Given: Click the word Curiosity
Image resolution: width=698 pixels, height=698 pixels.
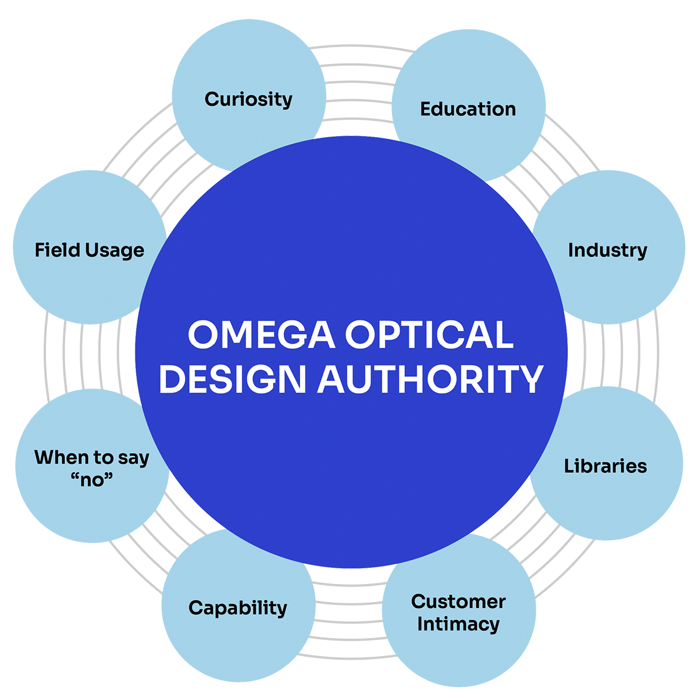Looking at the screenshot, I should (248, 99).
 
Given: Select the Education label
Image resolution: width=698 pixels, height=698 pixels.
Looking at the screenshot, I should (468, 109).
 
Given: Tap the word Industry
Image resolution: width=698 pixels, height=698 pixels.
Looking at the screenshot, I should (607, 250).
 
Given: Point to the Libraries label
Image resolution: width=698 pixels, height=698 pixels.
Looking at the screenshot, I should (606, 466).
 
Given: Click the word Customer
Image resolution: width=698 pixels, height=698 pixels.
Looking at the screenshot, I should (458, 601).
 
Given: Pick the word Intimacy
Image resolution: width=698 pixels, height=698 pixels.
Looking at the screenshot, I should (458, 624).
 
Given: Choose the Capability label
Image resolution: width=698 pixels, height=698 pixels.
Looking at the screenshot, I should (238, 608).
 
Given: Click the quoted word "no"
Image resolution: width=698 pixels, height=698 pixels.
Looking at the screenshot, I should (91, 480).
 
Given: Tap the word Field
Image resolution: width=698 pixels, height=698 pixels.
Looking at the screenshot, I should (57, 250).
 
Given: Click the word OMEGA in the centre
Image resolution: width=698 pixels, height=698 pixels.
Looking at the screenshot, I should (261, 335).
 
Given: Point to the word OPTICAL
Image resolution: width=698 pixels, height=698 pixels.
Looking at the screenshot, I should (429, 335).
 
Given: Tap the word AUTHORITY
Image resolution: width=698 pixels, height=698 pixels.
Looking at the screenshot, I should (430, 379).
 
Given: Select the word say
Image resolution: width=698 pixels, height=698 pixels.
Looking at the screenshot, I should (133, 458).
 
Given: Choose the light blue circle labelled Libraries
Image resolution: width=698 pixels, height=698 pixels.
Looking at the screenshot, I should (617, 500).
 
